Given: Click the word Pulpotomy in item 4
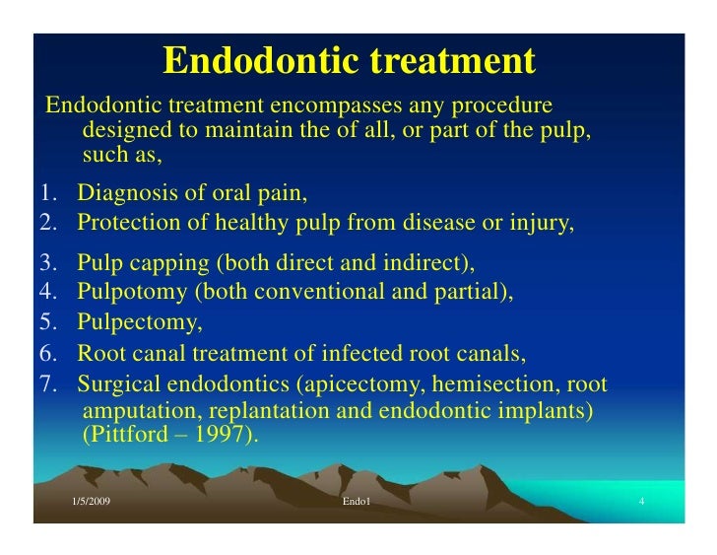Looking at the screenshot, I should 131,294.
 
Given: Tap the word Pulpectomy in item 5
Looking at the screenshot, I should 138,322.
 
